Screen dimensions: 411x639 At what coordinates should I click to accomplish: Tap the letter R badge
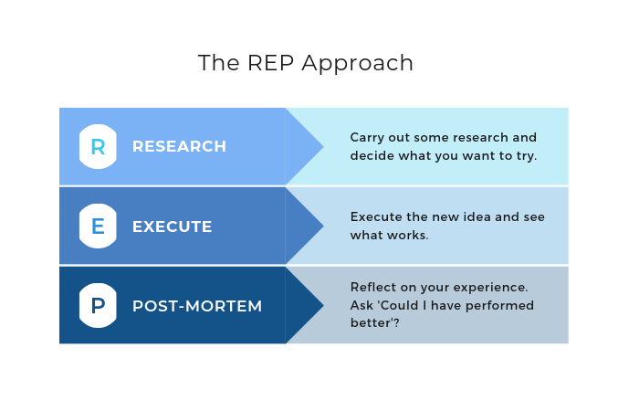coord(98,146)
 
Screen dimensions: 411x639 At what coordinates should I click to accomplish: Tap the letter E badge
coord(98,227)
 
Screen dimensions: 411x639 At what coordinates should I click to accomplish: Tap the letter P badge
coord(98,306)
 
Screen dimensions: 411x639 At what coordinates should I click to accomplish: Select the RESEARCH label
coord(179,146)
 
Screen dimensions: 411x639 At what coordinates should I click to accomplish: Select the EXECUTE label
coord(172,227)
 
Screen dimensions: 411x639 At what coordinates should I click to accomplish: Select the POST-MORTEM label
coord(197,306)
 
